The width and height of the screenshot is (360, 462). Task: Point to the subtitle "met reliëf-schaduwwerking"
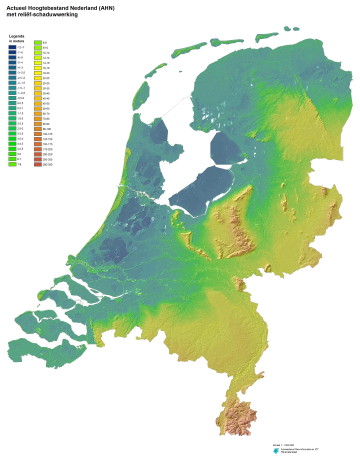(x=39, y=16)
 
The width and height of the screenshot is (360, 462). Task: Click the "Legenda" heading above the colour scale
(x=16, y=36)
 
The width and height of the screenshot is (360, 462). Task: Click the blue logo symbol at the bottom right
(x=275, y=451)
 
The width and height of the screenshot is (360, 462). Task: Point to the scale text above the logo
(x=283, y=441)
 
